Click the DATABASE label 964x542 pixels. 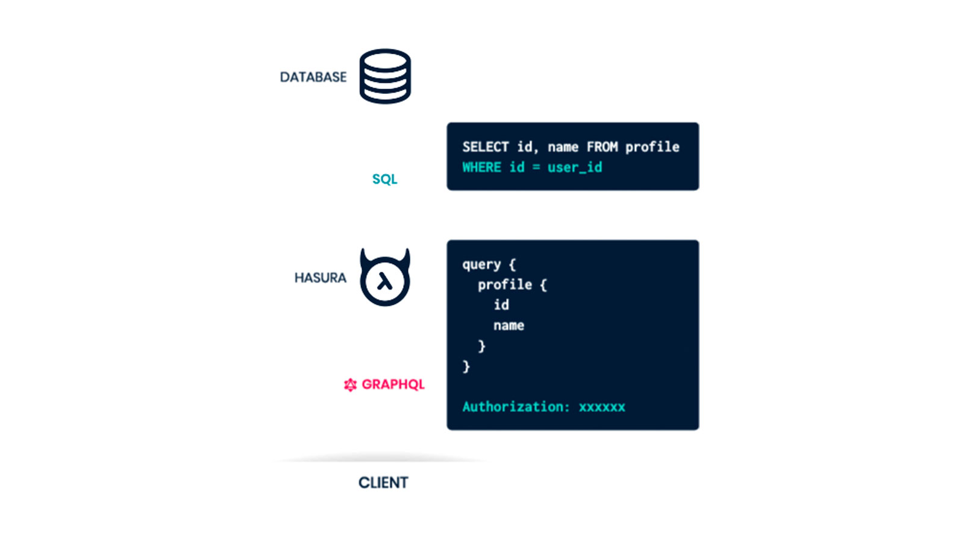[x=313, y=77]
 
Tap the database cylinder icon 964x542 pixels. [x=385, y=76]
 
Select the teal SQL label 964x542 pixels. [x=385, y=179]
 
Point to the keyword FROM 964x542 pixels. [x=602, y=147]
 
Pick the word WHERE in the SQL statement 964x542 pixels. [x=481, y=167]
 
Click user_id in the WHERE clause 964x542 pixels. [x=575, y=167]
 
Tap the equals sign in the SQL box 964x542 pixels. [x=536, y=167]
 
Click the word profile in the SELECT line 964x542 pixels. [x=653, y=147]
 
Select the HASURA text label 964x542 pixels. [x=320, y=278]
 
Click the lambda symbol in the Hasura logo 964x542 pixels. [x=385, y=282]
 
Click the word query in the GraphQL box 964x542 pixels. [x=481, y=265]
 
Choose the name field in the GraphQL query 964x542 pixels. [x=509, y=326]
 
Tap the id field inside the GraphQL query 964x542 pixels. [x=501, y=305]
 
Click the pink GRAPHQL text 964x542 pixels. [x=393, y=384]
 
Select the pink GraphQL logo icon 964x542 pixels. [x=350, y=385]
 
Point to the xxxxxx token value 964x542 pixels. [x=602, y=407]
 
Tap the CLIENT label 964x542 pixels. [x=383, y=482]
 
